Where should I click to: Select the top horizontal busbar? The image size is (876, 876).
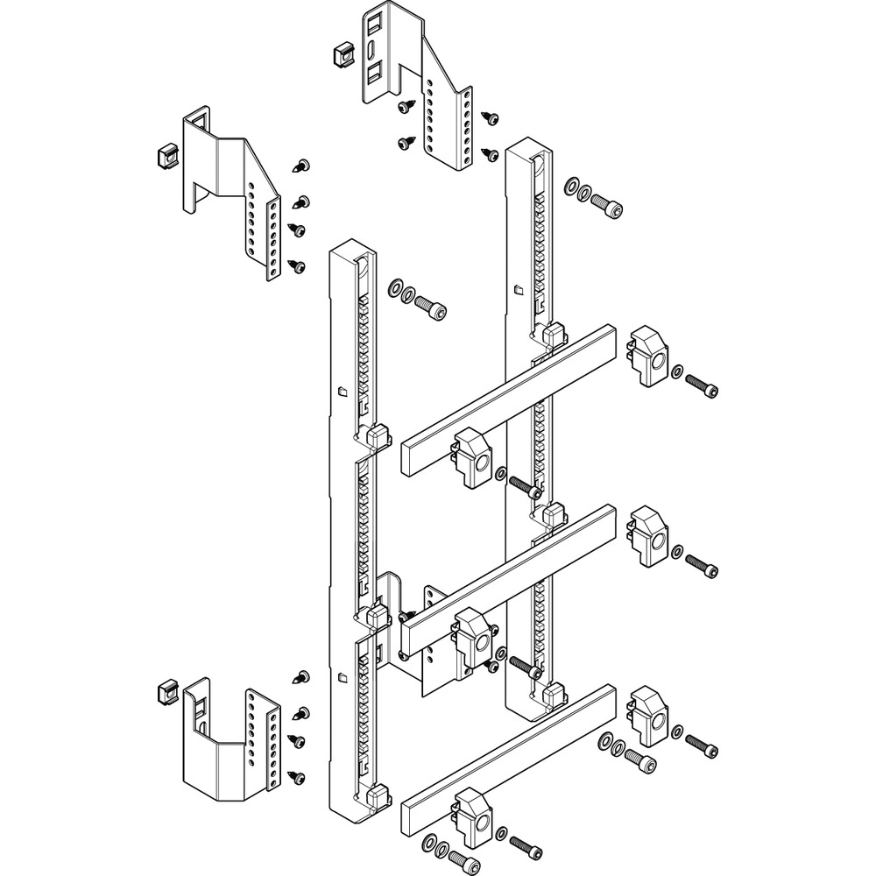click(x=508, y=399)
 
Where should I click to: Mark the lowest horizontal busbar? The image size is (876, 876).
click(x=508, y=758)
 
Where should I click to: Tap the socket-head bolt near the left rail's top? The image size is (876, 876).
click(x=429, y=308)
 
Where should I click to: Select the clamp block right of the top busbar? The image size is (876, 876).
click(x=648, y=355)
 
